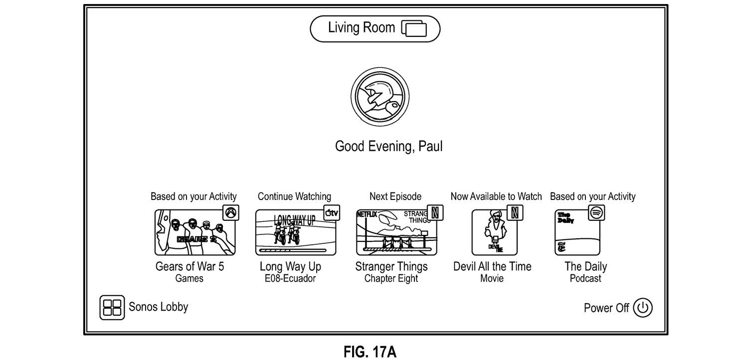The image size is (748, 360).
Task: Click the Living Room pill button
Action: tap(374, 29)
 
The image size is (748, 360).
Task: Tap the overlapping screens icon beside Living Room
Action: tap(414, 29)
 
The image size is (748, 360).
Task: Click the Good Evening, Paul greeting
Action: tap(388, 147)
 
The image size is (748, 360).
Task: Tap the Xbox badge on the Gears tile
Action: tap(231, 213)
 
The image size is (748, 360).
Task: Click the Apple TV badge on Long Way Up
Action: tap(332, 213)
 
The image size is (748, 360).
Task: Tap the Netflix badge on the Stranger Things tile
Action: tap(435, 213)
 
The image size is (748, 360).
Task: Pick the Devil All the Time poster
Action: tap(494, 232)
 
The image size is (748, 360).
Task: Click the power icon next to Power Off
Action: tap(642, 308)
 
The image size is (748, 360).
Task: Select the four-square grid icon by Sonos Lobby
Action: tap(112, 307)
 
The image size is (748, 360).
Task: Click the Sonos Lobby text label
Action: tap(158, 307)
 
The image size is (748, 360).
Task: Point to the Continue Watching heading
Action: tap(294, 196)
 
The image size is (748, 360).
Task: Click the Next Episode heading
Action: tap(395, 196)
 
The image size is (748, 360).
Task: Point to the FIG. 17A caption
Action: tap(370, 352)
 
